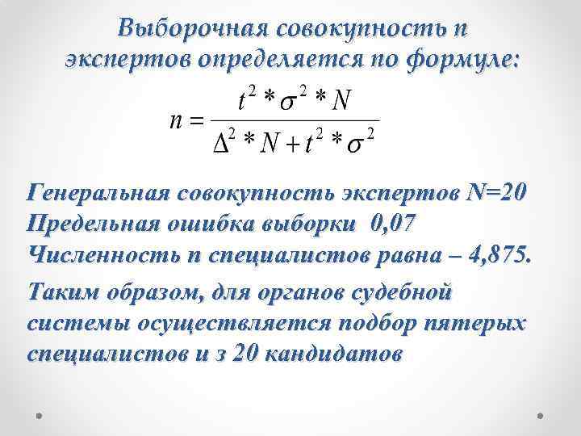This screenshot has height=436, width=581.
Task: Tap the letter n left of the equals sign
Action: coord(173,123)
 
